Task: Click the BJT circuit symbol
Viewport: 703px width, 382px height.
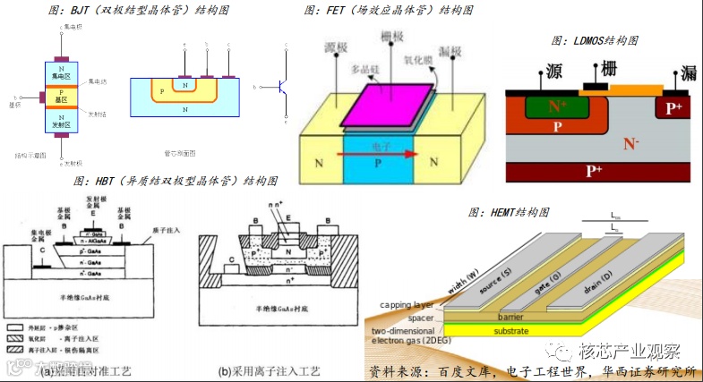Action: point(282,87)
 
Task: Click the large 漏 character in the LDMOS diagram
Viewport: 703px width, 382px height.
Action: point(687,72)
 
